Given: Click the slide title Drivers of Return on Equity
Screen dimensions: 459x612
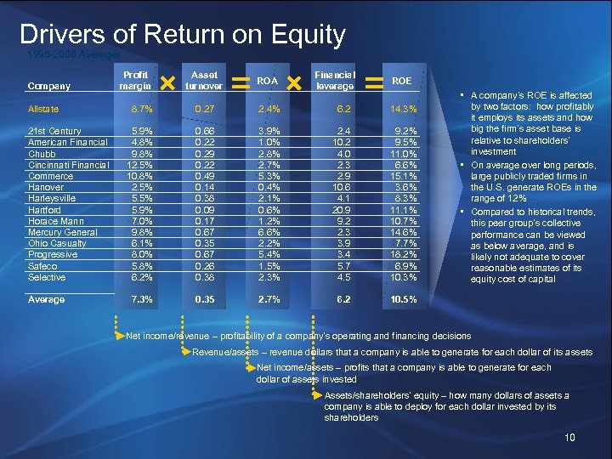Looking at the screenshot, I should [182, 35].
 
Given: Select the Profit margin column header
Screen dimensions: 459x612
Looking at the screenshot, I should [136, 80].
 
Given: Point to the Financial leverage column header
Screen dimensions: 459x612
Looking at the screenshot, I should [335, 80].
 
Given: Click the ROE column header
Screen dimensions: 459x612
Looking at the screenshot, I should [401, 80].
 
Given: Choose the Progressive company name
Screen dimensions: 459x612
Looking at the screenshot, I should [54, 253].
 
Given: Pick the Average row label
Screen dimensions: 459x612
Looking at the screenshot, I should [46, 299].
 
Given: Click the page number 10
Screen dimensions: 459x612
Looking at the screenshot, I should [570, 438].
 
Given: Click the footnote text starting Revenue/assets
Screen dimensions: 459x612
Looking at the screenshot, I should [392, 352].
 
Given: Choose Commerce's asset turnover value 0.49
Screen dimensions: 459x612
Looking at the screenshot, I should [204, 176].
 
